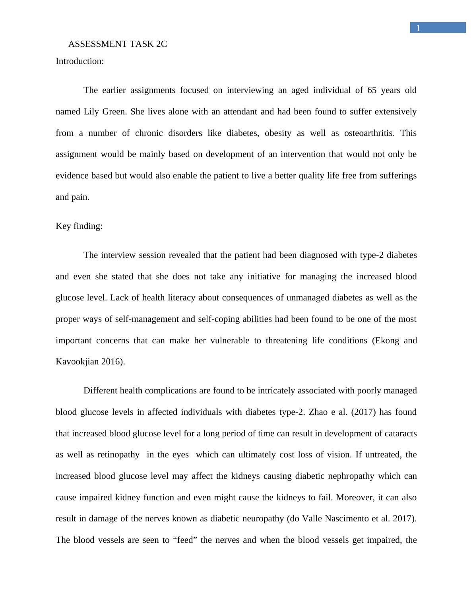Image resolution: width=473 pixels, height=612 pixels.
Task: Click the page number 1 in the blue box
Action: pos(418,28)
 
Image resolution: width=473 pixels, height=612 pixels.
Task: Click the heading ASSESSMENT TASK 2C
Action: pos(117,44)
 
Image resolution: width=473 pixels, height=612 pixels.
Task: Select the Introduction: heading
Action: pos(79,61)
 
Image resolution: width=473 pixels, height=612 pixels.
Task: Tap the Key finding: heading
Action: pos(79,226)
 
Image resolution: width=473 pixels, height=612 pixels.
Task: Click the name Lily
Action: pos(91,112)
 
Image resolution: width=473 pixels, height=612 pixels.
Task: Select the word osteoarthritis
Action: pos(369,133)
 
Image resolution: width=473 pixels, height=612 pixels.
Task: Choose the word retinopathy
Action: pos(118,455)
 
